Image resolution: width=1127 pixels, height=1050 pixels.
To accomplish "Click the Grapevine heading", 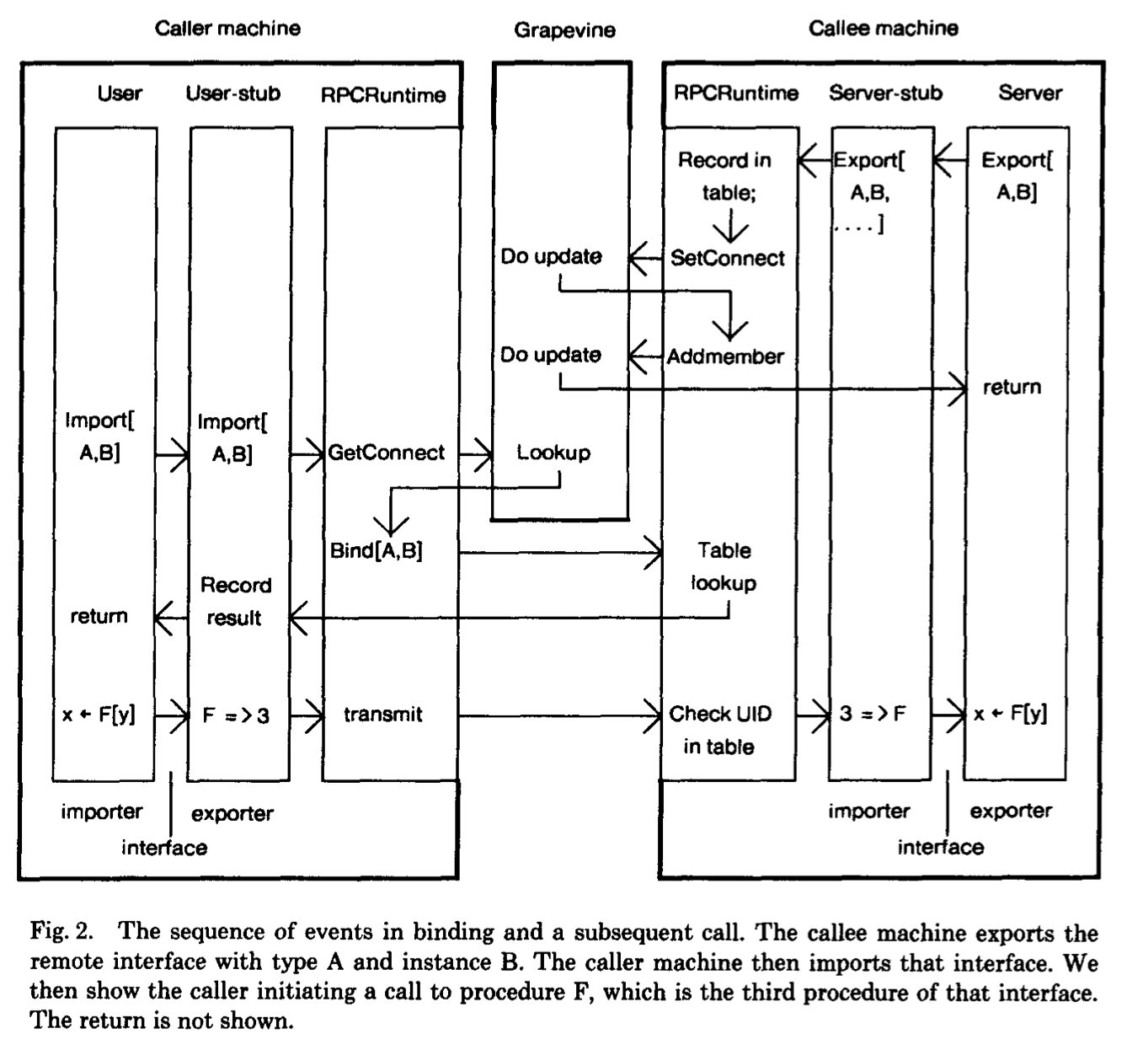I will tap(564, 30).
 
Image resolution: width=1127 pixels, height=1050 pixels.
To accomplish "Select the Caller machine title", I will tap(227, 28).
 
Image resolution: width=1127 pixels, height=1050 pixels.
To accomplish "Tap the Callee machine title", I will tap(883, 28).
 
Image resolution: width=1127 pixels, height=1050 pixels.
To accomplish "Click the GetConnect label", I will tap(386, 453).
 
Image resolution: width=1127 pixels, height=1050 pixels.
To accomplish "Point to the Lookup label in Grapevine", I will tap(553, 453).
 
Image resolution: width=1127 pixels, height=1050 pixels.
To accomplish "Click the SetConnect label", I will tap(727, 258).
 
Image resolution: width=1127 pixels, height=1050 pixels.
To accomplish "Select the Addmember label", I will tap(725, 356).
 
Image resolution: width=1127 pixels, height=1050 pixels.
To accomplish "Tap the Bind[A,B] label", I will tap(377, 550).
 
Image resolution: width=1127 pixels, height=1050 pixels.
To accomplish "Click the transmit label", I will tap(382, 715).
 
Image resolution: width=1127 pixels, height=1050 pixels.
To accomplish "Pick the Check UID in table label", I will tap(719, 730).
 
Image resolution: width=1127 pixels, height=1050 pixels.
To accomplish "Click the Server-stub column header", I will tap(885, 93).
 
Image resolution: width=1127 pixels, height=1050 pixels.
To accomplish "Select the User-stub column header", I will tap(232, 93).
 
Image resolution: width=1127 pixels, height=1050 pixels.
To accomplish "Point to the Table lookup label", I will tap(724, 566).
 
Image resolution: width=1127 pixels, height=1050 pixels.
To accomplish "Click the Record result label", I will tap(235, 601).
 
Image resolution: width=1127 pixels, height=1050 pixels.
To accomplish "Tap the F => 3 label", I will tap(236, 715).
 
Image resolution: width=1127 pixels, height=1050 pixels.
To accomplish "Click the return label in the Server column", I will tap(1012, 388).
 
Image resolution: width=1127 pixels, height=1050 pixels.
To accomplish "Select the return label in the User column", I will tap(99, 616).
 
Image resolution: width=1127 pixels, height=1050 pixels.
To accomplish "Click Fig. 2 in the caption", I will tap(61, 932).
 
